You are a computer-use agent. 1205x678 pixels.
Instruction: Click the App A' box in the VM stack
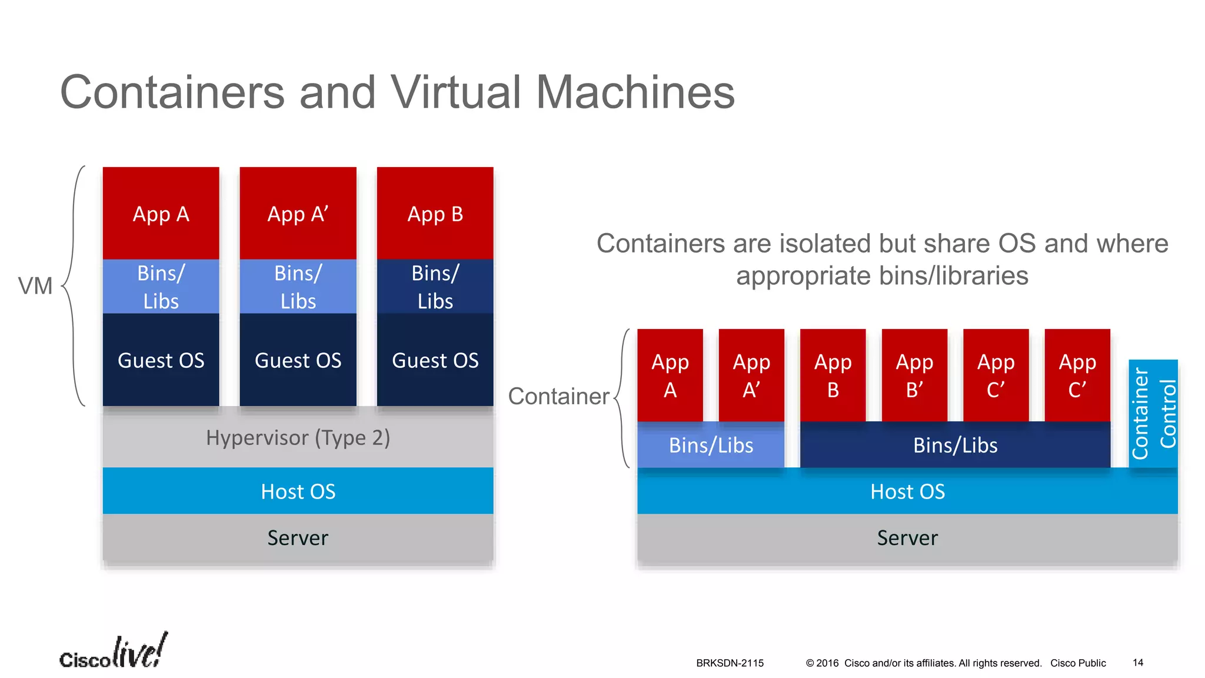[x=298, y=213]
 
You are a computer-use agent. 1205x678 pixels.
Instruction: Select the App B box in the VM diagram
[x=435, y=213]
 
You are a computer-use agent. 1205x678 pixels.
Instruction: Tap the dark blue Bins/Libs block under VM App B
[x=435, y=287]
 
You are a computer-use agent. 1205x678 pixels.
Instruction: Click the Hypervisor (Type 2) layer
[x=298, y=438]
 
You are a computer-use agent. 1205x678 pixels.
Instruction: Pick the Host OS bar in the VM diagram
[x=298, y=491]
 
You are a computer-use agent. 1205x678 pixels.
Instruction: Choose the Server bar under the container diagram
[x=907, y=538]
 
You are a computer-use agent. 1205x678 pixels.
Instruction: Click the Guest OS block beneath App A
[x=161, y=360]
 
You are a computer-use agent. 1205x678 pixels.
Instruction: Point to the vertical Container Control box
[x=1153, y=414]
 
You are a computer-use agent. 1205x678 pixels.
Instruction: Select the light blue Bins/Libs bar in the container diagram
[x=710, y=446]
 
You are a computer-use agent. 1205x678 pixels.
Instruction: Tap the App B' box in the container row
[x=914, y=375]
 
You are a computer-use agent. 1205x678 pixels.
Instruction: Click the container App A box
[x=670, y=375]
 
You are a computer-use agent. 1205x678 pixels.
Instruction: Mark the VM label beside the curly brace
[x=35, y=286]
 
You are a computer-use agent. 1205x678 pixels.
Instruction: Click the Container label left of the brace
[x=558, y=396]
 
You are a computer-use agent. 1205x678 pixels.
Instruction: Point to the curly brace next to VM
[x=74, y=286]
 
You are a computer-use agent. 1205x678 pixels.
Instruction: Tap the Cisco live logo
[x=113, y=652]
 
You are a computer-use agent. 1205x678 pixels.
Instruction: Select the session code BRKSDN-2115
[x=730, y=663]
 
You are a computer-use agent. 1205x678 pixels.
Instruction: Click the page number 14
[x=1138, y=663]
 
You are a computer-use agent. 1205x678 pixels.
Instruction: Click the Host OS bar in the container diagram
[x=907, y=491]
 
